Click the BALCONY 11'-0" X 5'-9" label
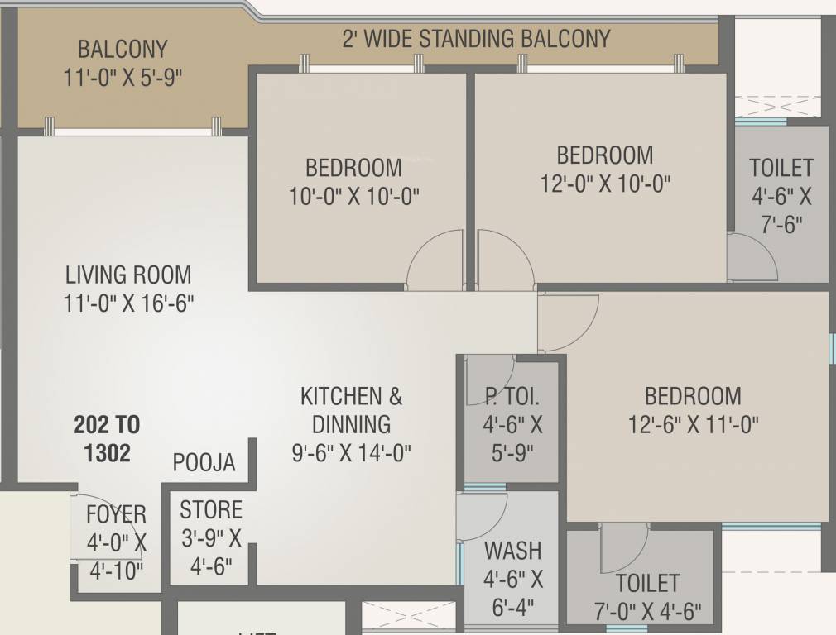[123, 63]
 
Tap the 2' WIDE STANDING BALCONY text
[476, 39]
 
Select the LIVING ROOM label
[128, 275]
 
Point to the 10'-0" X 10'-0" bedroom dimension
[353, 197]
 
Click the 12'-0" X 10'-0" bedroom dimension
[605, 184]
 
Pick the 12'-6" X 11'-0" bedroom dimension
[694, 424]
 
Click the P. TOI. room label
[512, 397]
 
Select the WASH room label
[512, 550]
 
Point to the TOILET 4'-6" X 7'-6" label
[781, 196]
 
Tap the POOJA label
[204, 463]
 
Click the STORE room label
[211, 509]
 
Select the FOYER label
[116, 514]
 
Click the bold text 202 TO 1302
[107, 439]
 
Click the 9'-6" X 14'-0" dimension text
[352, 453]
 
